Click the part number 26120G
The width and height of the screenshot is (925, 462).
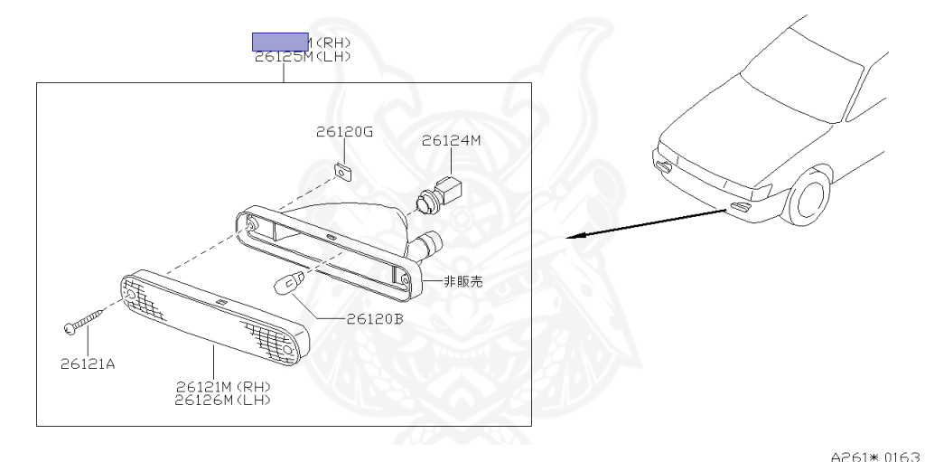pos(344,132)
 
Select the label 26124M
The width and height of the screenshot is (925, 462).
pos(451,140)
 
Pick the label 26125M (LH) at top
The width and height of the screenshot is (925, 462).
pos(303,56)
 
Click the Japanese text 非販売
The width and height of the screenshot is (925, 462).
pos(463,281)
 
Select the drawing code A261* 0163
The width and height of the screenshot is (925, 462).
pos(874,454)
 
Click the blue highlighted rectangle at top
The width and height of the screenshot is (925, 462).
pos(280,41)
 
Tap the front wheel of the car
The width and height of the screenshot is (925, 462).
pos(808,197)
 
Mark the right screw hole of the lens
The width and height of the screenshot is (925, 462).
pos(288,349)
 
